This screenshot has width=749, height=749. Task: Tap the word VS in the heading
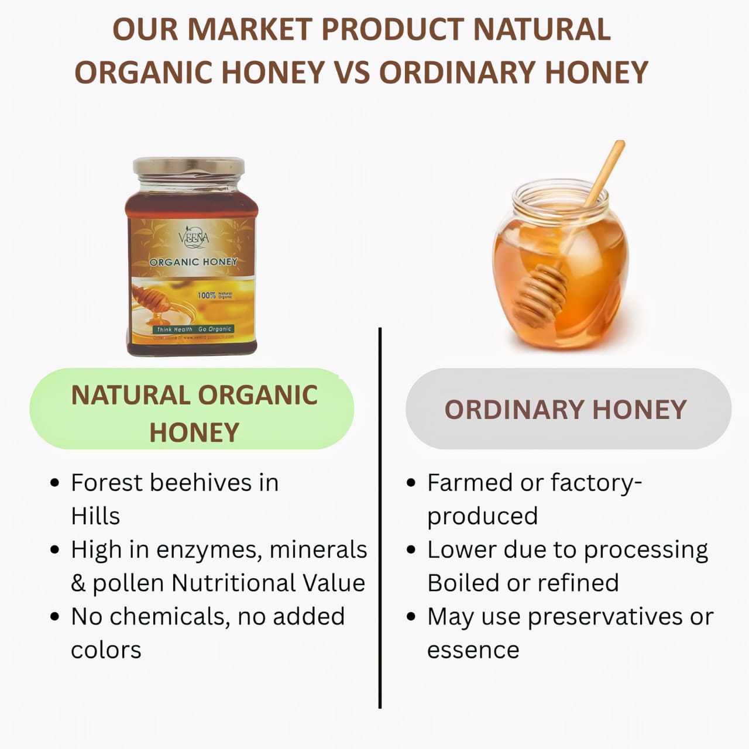click(352, 73)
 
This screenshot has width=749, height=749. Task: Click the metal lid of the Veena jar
click(188, 166)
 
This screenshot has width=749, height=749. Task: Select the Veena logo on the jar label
click(193, 238)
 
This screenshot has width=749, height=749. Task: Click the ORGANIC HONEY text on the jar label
click(193, 262)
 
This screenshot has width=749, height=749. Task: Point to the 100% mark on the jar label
click(207, 296)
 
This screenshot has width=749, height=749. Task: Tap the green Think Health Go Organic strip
click(194, 329)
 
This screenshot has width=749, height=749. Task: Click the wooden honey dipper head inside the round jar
click(541, 291)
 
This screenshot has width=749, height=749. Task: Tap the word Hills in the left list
click(95, 516)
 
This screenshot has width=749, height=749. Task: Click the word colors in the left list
click(106, 650)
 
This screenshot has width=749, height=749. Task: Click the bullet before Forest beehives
click(55, 483)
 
